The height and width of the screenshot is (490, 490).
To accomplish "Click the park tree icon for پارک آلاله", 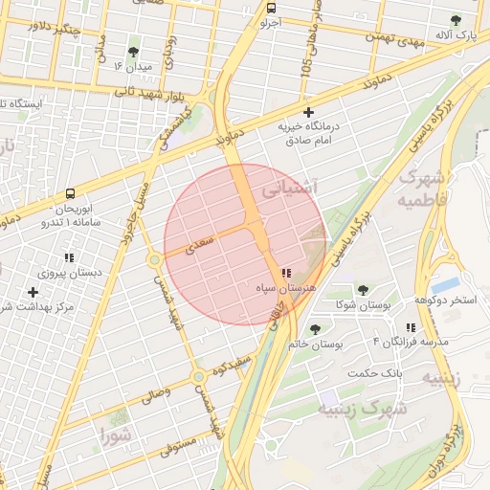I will (x=457, y=20).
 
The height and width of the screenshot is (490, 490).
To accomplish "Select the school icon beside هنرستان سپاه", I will (x=287, y=273).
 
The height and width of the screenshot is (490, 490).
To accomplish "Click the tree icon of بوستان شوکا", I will (x=363, y=289).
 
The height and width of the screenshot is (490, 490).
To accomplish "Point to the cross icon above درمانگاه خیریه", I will (x=307, y=112).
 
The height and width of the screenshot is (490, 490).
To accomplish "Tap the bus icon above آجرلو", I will (x=271, y=8).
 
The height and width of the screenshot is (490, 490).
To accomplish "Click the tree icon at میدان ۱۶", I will (x=132, y=51).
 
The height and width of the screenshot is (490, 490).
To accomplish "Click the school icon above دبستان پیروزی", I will (x=69, y=257).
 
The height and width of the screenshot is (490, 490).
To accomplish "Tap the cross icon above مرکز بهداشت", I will (x=34, y=292).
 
